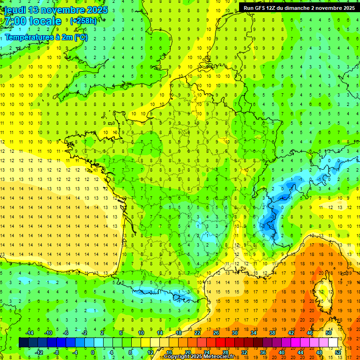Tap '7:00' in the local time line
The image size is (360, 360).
coord(15,22)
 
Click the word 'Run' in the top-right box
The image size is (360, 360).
coord(248,8)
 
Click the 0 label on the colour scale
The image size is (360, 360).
coord(93,352)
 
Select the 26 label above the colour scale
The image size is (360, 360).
coord(216,333)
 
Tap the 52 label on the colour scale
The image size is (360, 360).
coord(338,352)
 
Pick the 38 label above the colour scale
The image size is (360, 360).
coord(272,333)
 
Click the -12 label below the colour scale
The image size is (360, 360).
coord(39,352)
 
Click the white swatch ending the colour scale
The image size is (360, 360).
coord(333,343)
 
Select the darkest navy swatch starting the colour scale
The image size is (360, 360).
coord(23,343)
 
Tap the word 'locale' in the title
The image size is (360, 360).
coord(45,22)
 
